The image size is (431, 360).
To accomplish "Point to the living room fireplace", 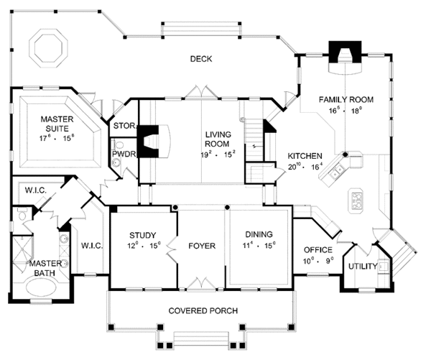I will (x=154, y=141).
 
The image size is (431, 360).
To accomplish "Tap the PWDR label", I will (x=122, y=153).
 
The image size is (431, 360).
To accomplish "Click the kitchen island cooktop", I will (x=357, y=200).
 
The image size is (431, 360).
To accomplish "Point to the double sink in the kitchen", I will (x=338, y=172).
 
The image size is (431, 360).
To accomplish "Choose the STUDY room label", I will (x=143, y=235).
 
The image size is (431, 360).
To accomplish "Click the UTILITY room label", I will (x=363, y=267).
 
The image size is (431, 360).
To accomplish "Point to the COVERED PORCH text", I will (x=204, y=310).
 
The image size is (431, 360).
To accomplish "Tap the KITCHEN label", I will (x=304, y=156).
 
